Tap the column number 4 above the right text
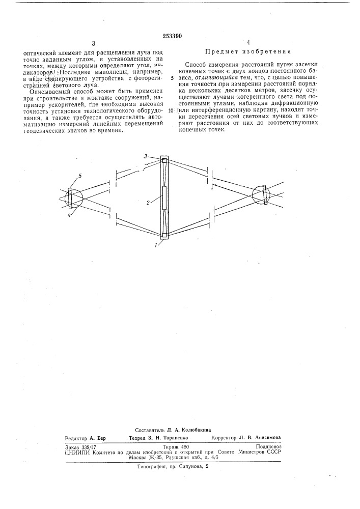click(248, 44)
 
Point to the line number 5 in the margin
click(172, 78)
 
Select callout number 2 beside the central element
click(148, 202)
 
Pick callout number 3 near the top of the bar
click(145, 156)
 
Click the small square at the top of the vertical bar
click(163, 161)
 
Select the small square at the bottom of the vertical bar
click(163, 235)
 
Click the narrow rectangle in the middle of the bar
click(163, 198)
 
